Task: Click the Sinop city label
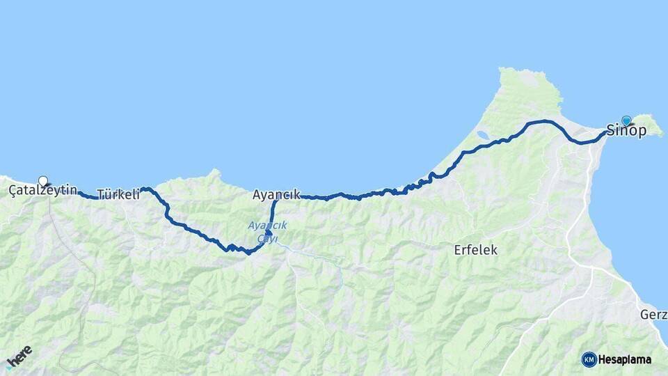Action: [x=626, y=131]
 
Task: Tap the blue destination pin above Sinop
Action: [x=626, y=120]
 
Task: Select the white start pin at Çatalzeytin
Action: [x=43, y=181]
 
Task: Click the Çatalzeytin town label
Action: [x=42, y=190]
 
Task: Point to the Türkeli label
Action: [x=118, y=195]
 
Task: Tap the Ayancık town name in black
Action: [x=276, y=195]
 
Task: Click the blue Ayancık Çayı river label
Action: [x=267, y=232]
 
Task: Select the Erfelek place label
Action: [x=475, y=250]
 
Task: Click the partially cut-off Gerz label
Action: [x=653, y=315]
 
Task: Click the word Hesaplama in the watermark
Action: [x=625, y=360]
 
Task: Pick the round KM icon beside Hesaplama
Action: [x=589, y=360]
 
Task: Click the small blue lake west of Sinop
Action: [x=482, y=134]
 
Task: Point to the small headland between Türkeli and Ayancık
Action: [x=216, y=173]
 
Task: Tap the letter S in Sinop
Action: [x=612, y=131]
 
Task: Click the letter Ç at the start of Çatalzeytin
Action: [x=13, y=190]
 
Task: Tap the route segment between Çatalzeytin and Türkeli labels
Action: [x=88, y=196]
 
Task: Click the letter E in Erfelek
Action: [x=458, y=250]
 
